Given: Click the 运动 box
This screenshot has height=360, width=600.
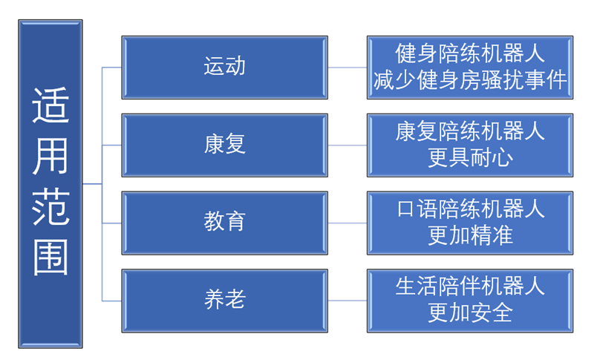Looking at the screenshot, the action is pyautogui.click(x=224, y=68).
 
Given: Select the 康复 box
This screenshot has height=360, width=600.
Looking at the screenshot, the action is pyautogui.click(x=224, y=145).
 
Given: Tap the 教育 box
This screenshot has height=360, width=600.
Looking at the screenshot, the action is pyautogui.click(x=224, y=223).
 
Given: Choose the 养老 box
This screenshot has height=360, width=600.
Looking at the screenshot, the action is pyautogui.click(x=224, y=301).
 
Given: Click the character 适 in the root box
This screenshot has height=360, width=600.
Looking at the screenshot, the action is pyautogui.click(x=50, y=105).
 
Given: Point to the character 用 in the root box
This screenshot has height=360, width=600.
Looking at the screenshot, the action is pyautogui.click(x=50, y=156).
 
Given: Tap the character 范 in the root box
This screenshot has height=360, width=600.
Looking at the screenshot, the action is pyautogui.click(x=50, y=206).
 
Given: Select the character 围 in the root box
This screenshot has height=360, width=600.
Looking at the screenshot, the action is pyautogui.click(x=50, y=257).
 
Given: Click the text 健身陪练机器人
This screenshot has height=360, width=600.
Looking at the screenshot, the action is pyautogui.click(x=470, y=53).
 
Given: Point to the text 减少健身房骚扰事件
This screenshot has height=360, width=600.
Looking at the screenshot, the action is pyautogui.click(x=470, y=80).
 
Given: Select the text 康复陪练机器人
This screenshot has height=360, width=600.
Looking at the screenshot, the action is pyautogui.click(x=470, y=131).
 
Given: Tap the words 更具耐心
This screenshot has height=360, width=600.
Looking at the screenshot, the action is pyautogui.click(x=470, y=157).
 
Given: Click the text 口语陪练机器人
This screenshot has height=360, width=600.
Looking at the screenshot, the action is pyautogui.click(x=470, y=209).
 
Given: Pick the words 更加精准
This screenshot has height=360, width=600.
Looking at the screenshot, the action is pyautogui.click(x=470, y=235).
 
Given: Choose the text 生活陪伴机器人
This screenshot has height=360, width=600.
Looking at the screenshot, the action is pyautogui.click(x=470, y=287).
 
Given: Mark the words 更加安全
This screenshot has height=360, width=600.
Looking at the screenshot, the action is pyautogui.click(x=470, y=313).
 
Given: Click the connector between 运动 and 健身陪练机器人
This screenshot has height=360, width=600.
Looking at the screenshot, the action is pyautogui.click(x=348, y=68).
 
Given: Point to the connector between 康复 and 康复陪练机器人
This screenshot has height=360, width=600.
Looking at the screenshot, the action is pyautogui.click(x=348, y=145).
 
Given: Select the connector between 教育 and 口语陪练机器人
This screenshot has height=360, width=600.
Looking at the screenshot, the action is pyautogui.click(x=348, y=223).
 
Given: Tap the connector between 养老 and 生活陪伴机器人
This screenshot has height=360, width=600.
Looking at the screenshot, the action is pyautogui.click(x=348, y=301).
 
